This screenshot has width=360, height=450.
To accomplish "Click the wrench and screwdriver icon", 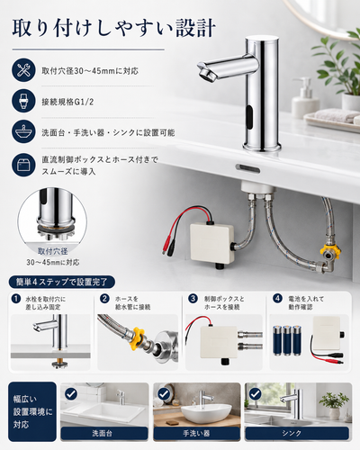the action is (x=24, y=70).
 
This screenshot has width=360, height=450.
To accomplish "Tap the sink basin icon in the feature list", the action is (x=24, y=132).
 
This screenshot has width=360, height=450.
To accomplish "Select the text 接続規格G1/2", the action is (x=67, y=102).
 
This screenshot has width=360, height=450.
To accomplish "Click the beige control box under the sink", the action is (x=212, y=243).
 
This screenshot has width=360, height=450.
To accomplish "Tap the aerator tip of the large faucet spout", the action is (x=205, y=73).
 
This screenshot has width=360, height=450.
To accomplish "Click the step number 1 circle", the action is (x=16, y=299).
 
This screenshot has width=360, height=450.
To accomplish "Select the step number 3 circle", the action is (x=193, y=299).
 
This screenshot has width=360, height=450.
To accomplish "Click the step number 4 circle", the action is (x=277, y=299).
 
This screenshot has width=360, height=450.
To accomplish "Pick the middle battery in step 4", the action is (x=287, y=340).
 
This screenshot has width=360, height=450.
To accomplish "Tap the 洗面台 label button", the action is (x=104, y=434).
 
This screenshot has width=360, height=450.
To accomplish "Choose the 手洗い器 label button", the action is (x=197, y=434).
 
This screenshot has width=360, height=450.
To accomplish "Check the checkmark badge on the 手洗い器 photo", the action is (x=164, y=394).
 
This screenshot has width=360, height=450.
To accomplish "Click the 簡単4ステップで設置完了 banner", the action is (x=62, y=282).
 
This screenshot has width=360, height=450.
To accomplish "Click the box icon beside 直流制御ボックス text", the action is (x=24, y=165).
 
